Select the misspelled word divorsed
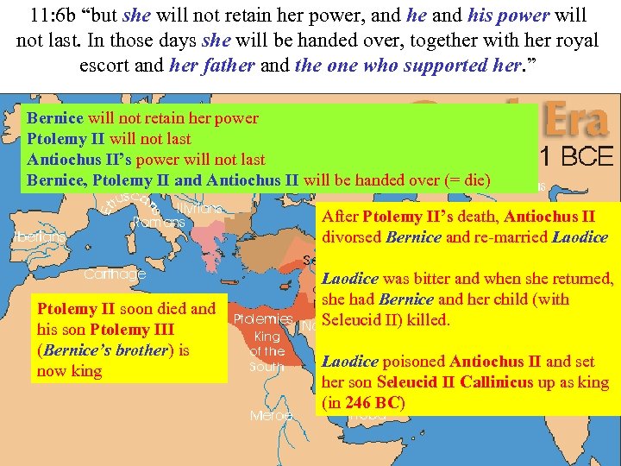(354, 237)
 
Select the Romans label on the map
(160, 223)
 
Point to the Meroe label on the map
(271, 416)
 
